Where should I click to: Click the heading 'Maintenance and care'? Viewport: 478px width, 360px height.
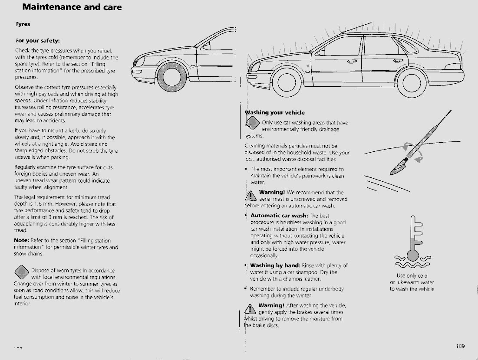[72, 7]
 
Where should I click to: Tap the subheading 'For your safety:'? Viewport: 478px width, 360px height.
[37, 41]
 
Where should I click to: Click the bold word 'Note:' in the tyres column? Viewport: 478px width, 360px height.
[21, 241]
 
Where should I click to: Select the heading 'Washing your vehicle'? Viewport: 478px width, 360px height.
[275, 113]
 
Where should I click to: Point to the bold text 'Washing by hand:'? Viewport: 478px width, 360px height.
[275, 265]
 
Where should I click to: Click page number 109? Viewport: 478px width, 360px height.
[460, 346]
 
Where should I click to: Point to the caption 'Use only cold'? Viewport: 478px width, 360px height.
[412, 276]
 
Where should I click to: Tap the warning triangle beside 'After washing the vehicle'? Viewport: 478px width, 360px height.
[251, 309]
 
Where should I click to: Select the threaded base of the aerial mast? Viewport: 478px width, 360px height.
[399, 165]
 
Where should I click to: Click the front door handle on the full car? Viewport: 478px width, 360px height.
[352, 61]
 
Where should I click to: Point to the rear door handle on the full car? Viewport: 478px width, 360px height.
[398, 61]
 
